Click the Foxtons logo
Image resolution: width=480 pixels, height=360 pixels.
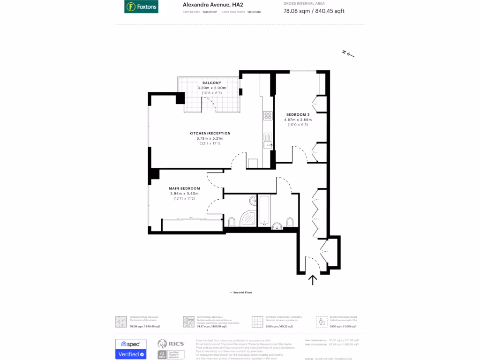pyautogui.click(x=141, y=7)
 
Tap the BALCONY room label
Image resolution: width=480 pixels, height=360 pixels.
pyautogui.click(x=212, y=82)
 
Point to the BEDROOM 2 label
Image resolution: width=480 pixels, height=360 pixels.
pyautogui.click(x=298, y=115)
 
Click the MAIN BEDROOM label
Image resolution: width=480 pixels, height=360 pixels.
pyautogui.click(x=184, y=188)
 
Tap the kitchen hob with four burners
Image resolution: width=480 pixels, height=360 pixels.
pyautogui.click(x=268, y=115)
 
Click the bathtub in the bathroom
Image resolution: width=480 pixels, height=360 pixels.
pyautogui.click(x=264, y=209)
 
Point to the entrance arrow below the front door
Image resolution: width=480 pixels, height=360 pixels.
pyautogui.click(x=313, y=280)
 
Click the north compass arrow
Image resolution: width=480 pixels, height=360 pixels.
pyautogui.click(x=348, y=54)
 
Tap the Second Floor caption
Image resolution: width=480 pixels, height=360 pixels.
pyautogui.click(x=241, y=292)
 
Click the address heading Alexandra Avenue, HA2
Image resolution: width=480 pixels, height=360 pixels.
pyautogui.click(x=206, y=5)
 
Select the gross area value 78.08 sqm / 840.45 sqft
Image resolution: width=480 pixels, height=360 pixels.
pyautogui.click(x=314, y=11)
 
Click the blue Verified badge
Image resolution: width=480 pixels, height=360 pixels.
pyautogui.click(x=131, y=354)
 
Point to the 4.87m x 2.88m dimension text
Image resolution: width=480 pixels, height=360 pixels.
pyautogui.click(x=298, y=120)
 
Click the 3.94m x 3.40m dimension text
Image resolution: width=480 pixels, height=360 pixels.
pyautogui.click(x=184, y=194)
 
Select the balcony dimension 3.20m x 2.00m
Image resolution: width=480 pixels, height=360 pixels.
pyautogui.click(x=212, y=88)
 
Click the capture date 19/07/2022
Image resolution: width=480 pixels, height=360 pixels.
pyautogui.click(x=210, y=12)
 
